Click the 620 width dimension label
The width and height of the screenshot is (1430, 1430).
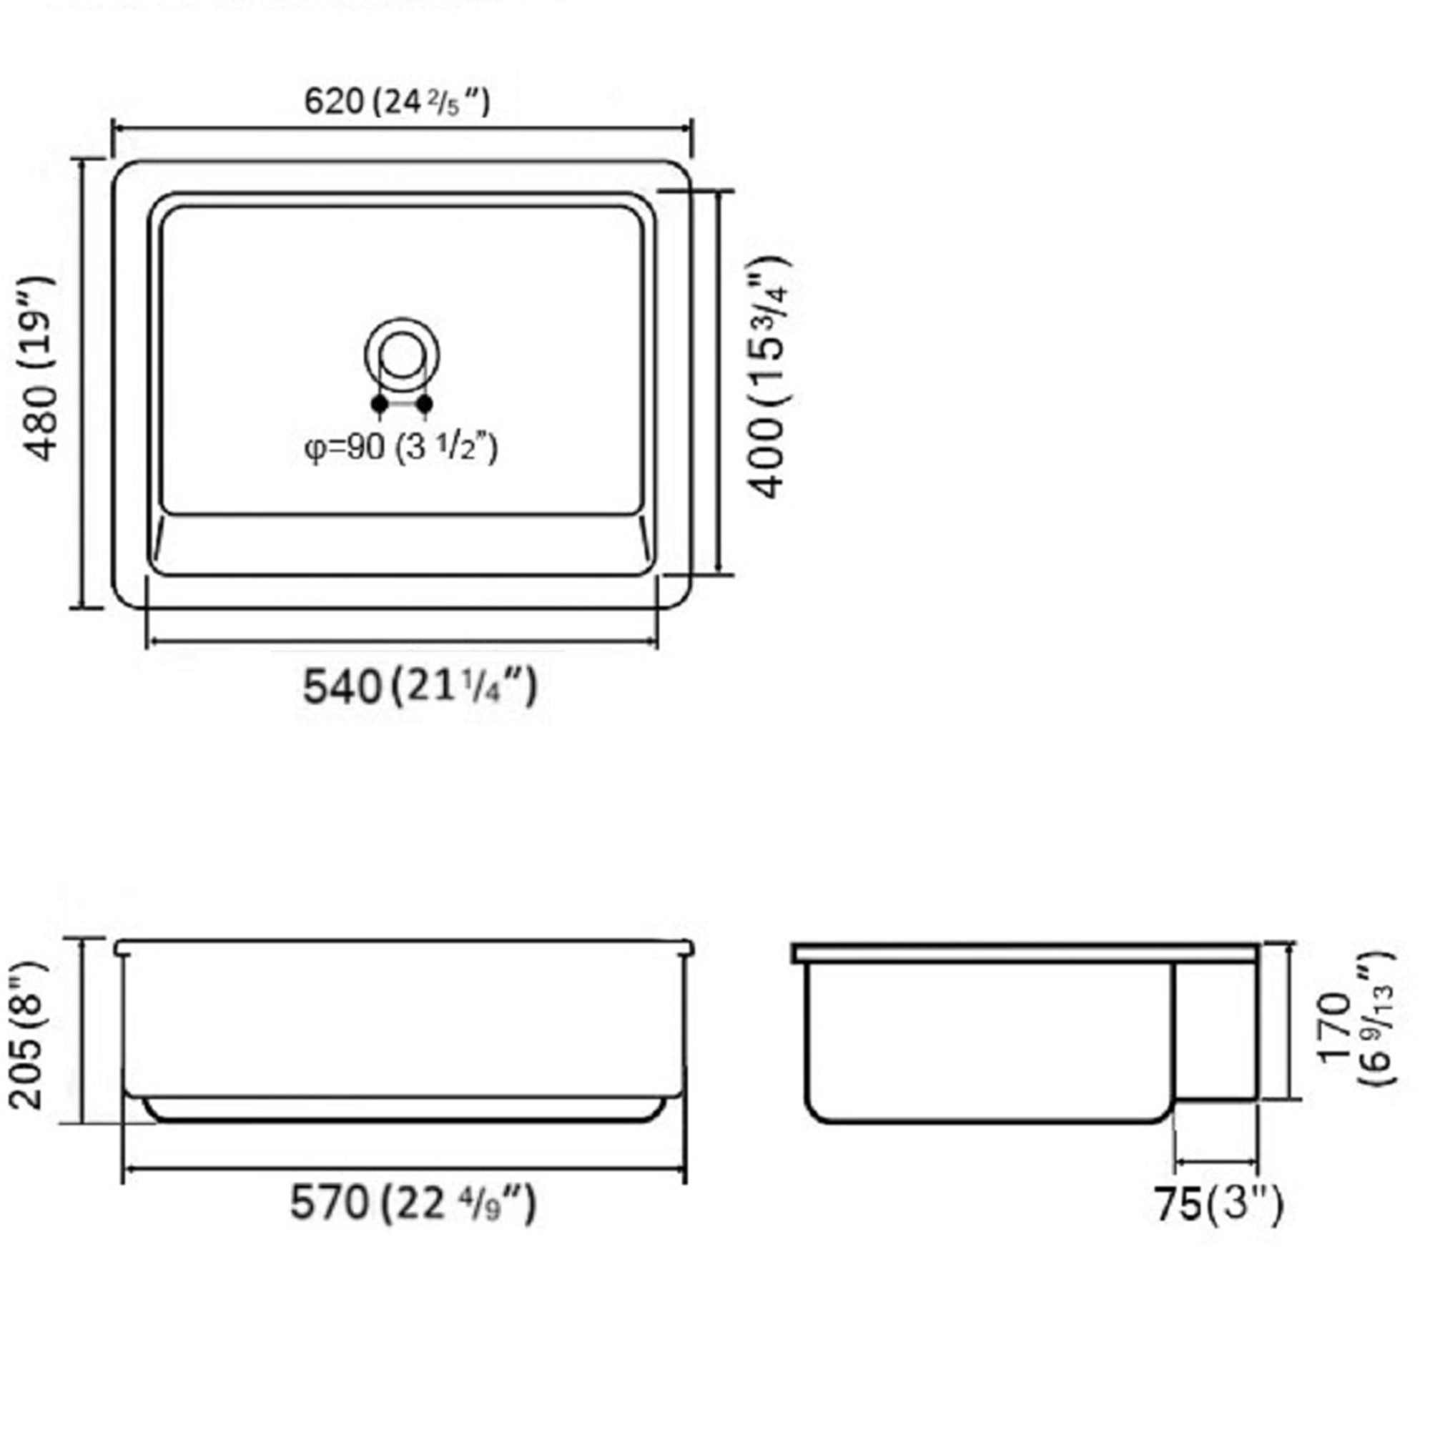click(398, 102)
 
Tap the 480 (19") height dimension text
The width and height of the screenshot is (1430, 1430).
click(41, 368)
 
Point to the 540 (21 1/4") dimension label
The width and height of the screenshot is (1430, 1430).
click(420, 686)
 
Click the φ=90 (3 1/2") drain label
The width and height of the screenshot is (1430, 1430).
click(401, 448)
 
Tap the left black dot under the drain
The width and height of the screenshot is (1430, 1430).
click(379, 404)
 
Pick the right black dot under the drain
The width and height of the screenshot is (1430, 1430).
click(425, 404)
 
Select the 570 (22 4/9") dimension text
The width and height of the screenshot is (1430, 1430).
click(413, 1203)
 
